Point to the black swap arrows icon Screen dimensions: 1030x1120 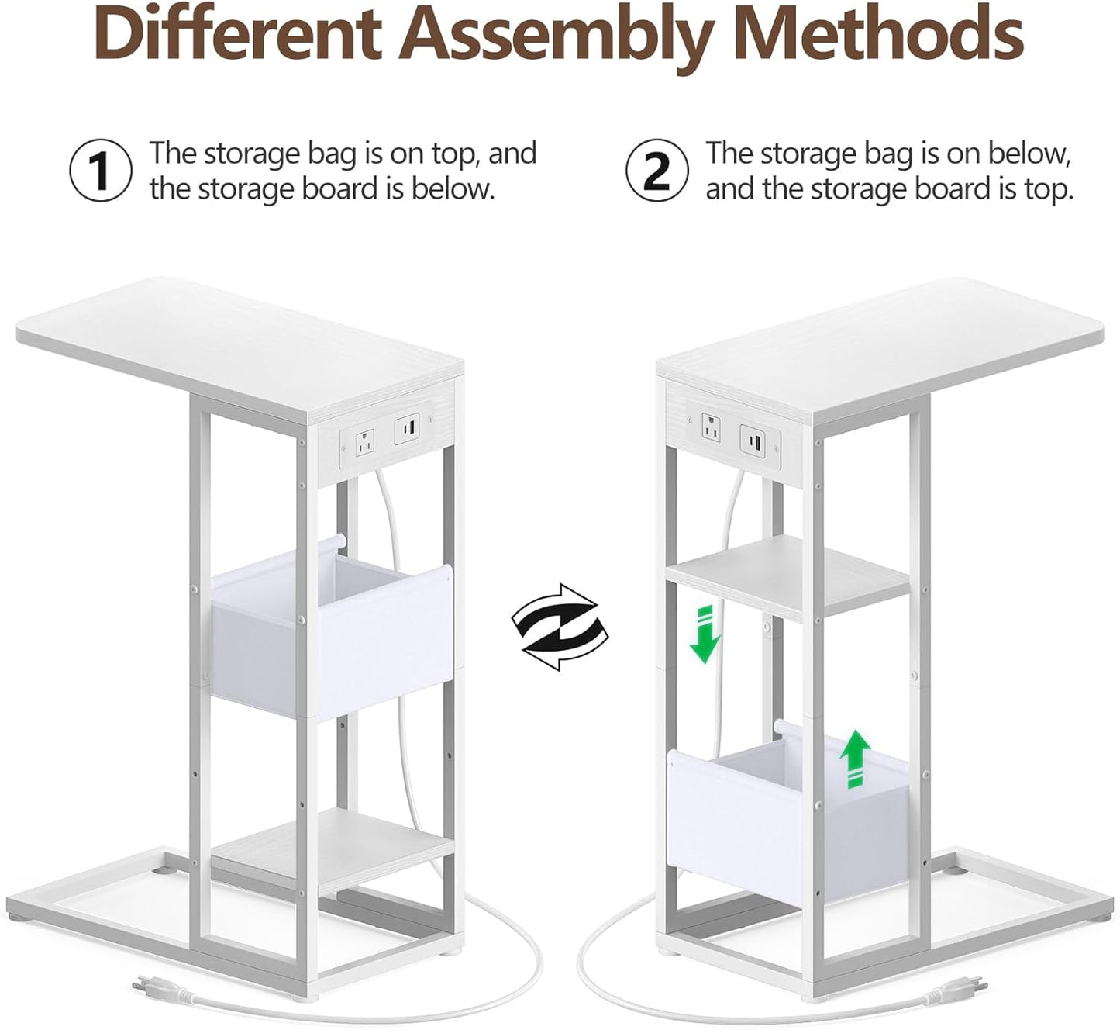560,627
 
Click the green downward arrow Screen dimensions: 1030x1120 705,636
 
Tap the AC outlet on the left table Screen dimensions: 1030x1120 364,443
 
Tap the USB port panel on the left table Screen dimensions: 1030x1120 408,427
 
